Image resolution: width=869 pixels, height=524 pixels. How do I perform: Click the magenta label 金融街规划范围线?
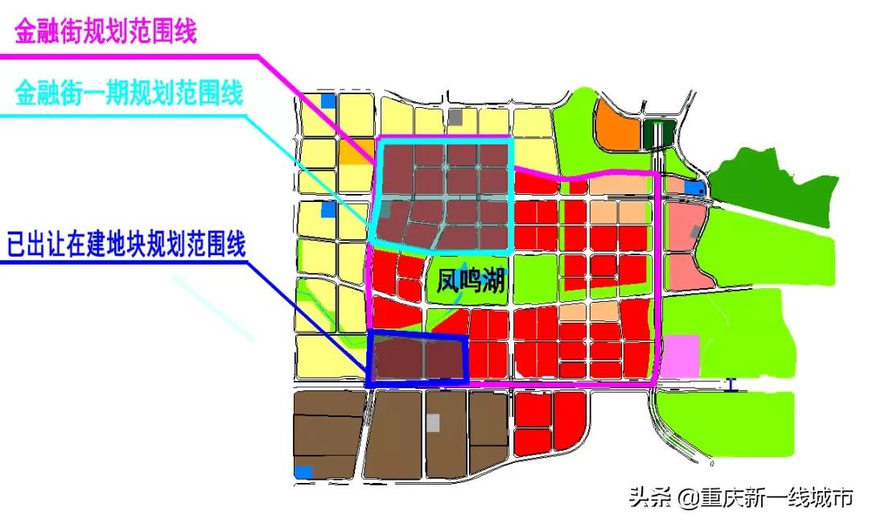tap(105, 33)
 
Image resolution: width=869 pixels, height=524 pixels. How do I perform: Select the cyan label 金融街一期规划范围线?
tap(129, 94)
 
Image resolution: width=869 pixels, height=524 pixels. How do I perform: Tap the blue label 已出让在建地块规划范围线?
tap(125, 243)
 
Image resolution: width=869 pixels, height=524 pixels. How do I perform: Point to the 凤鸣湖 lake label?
tap(471, 283)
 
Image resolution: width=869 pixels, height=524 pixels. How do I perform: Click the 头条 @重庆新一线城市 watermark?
tap(740, 498)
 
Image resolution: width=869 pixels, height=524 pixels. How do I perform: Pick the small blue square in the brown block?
tap(303, 472)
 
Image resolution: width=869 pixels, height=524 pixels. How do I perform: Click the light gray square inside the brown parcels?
tap(434, 422)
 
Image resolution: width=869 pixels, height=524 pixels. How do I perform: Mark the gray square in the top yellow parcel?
tap(455, 117)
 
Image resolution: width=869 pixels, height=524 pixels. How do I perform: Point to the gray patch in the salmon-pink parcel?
tap(694, 232)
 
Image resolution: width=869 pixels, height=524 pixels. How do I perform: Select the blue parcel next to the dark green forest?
tap(694, 188)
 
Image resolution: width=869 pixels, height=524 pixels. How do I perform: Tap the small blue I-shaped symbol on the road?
tap(730, 385)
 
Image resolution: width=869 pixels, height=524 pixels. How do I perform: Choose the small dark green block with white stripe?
tap(659, 134)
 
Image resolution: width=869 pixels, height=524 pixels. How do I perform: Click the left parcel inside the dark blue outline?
tap(398, 359)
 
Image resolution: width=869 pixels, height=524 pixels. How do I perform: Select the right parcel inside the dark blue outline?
tap(445, 359)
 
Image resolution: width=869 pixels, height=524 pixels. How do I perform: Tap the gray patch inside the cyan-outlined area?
tap(387, 210)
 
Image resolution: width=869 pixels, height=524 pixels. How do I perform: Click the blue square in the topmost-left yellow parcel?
tap(327, 101)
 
